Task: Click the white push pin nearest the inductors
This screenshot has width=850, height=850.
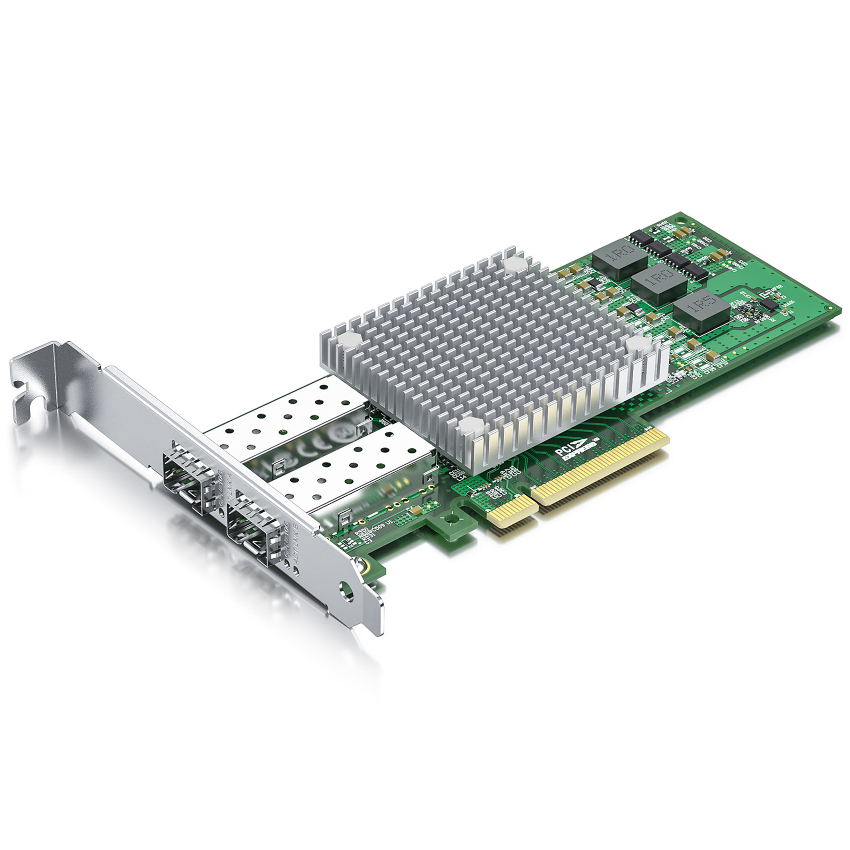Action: point(514,264)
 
